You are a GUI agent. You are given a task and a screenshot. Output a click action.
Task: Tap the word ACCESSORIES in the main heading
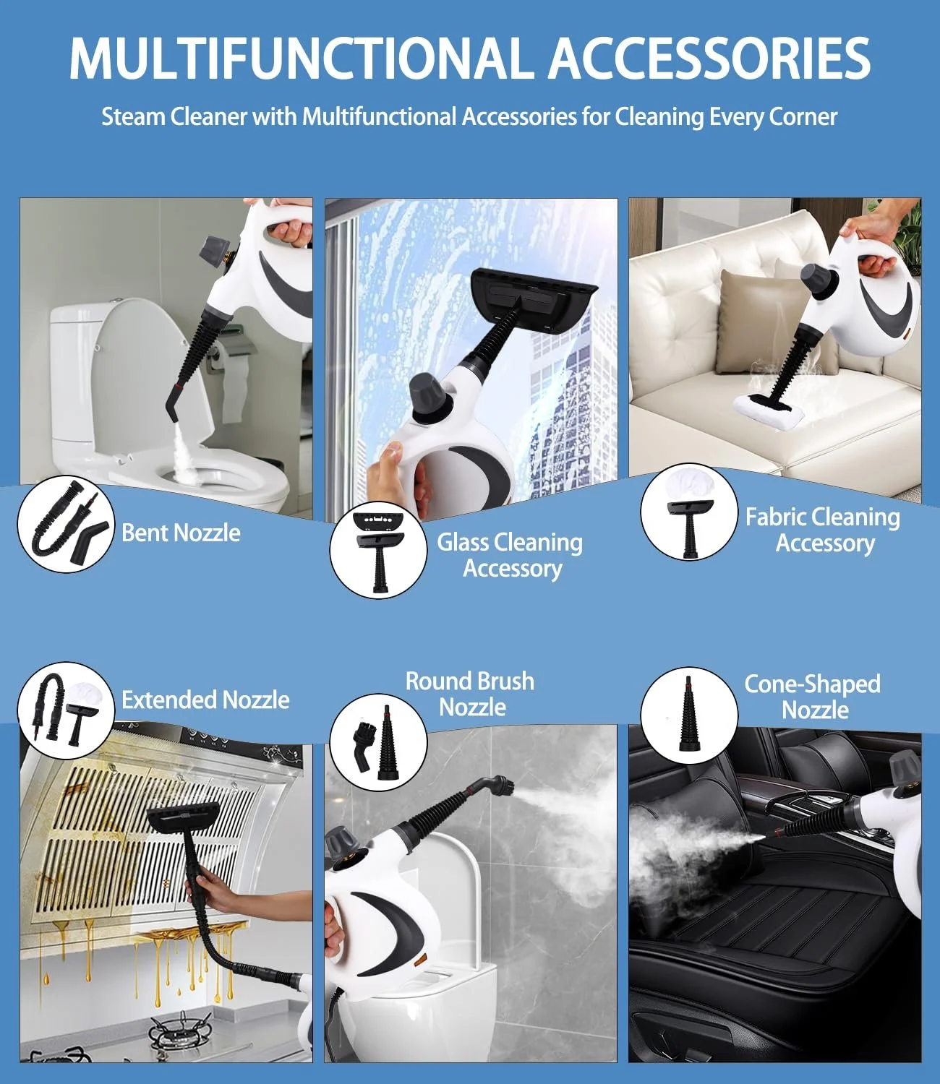709,58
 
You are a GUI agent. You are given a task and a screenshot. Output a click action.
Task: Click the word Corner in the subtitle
803,116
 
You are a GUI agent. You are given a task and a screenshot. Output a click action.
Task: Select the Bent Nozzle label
181,533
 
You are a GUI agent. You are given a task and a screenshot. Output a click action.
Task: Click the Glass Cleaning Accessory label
510,556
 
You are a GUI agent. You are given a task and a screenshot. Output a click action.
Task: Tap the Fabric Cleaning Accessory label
823,530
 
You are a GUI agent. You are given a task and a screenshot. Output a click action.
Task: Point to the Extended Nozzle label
205,700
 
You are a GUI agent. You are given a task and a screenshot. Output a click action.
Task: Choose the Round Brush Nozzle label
470,694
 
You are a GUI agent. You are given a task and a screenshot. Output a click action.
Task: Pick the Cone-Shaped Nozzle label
813,697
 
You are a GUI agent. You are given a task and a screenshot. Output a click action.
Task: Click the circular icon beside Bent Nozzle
66,524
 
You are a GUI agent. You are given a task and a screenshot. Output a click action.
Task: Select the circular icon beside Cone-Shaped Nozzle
688,715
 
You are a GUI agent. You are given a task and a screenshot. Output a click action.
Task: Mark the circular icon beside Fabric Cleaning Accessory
688,512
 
